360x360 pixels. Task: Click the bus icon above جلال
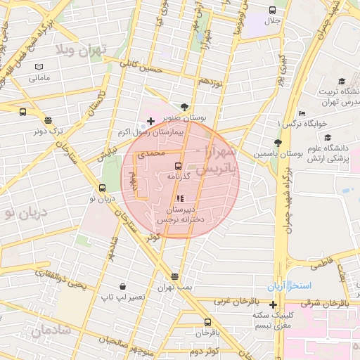[272, 10]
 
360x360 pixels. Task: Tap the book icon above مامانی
[39, 67]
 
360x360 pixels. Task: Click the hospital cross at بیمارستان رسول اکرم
[150, 122]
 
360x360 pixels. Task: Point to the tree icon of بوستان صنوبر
[184, 107]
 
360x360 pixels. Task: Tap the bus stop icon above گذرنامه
[179, 166]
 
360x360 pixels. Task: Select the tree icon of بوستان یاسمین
[278, 142]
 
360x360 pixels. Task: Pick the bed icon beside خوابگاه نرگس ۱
[302, 113]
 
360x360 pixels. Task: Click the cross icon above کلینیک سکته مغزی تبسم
[273, 304]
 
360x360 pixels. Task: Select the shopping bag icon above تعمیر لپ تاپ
[123, 286]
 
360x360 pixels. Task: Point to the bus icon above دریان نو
[103, 188]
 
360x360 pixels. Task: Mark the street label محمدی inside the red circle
[153, 152]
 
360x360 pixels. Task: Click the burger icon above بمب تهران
[174, 276]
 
